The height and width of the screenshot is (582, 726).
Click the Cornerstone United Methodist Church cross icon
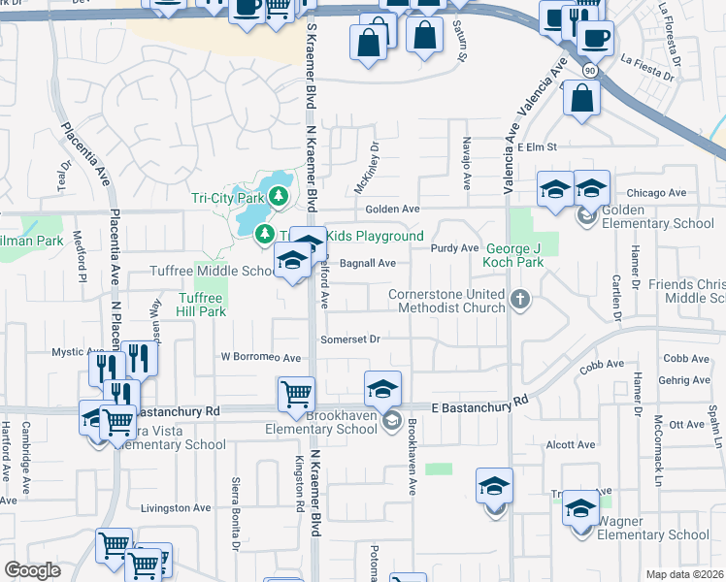coord(520,299)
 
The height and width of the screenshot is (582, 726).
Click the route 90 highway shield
coord(590,70)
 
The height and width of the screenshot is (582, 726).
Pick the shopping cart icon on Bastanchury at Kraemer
coord(296,393)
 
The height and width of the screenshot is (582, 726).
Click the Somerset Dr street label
coord(349,339)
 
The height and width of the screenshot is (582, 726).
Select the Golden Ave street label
coord(392,210)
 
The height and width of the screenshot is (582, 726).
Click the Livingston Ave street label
coord(176,507)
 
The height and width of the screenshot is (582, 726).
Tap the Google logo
coord(33,569)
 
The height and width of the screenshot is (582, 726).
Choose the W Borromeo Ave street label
coord(260,358)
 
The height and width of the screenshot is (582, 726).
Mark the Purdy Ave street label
coord(455,248)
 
